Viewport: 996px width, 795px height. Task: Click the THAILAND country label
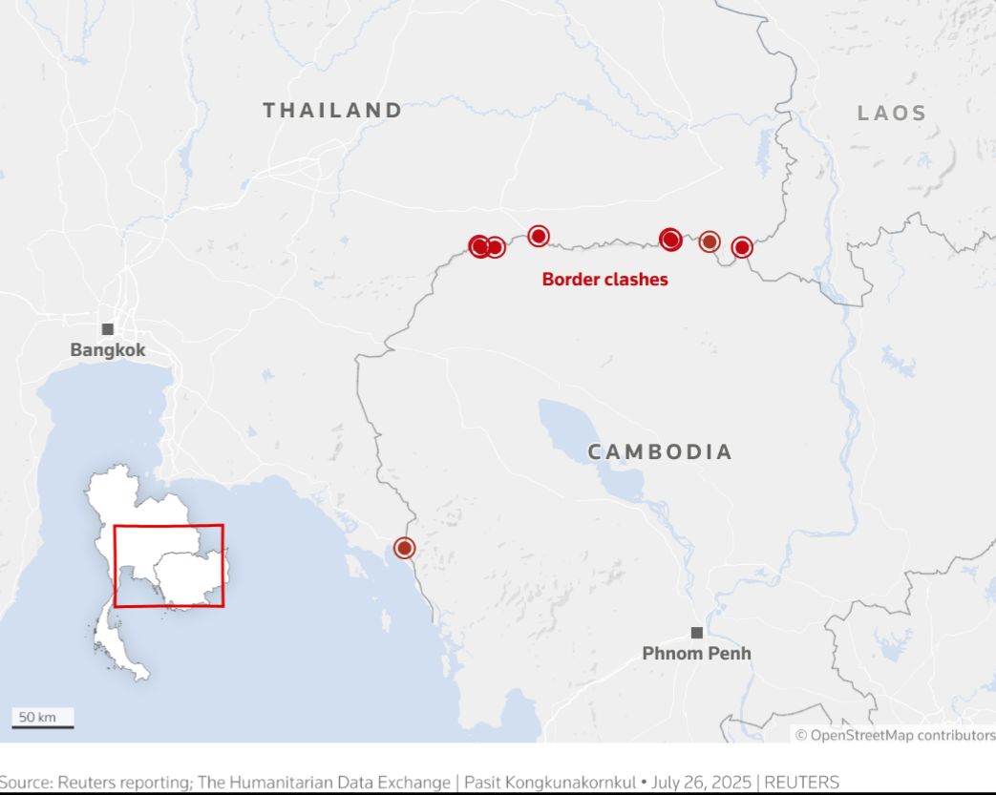click(332, 111)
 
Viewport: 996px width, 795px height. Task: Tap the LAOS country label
click(892, 114)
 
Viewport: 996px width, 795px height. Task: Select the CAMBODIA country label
click(660, 452)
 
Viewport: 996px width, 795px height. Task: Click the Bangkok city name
click(108, 350)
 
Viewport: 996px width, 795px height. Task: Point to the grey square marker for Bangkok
click(108, 329)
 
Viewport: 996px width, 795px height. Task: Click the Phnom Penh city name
click(696, 654)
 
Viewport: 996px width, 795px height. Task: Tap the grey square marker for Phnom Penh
click(697, 633)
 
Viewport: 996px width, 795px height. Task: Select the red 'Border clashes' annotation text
click(604, 280)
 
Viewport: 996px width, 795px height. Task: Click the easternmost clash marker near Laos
click(742, 248)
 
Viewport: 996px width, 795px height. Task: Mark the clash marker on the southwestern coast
click(405, 548)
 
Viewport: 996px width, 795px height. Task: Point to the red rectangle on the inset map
click(168, 565)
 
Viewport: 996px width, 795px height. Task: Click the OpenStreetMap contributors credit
click(895, 735)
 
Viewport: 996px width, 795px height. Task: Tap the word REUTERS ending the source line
click(802, 783)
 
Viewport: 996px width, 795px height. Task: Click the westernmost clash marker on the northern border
click(480, 246)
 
